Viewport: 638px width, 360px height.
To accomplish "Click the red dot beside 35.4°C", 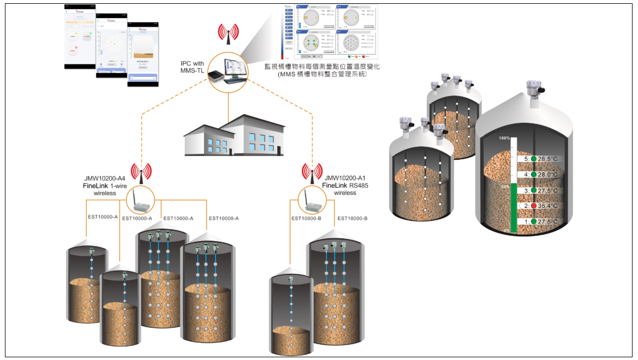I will [534, 206].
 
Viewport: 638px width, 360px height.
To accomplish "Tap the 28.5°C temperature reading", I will [547, 159].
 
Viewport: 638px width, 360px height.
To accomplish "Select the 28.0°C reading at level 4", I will [547, 175].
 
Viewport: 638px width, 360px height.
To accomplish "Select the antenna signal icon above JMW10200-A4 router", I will [141, 171].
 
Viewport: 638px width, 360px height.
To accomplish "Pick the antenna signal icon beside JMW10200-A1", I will [312, 171].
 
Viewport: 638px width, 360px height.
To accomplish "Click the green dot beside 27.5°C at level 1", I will [534, 222].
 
